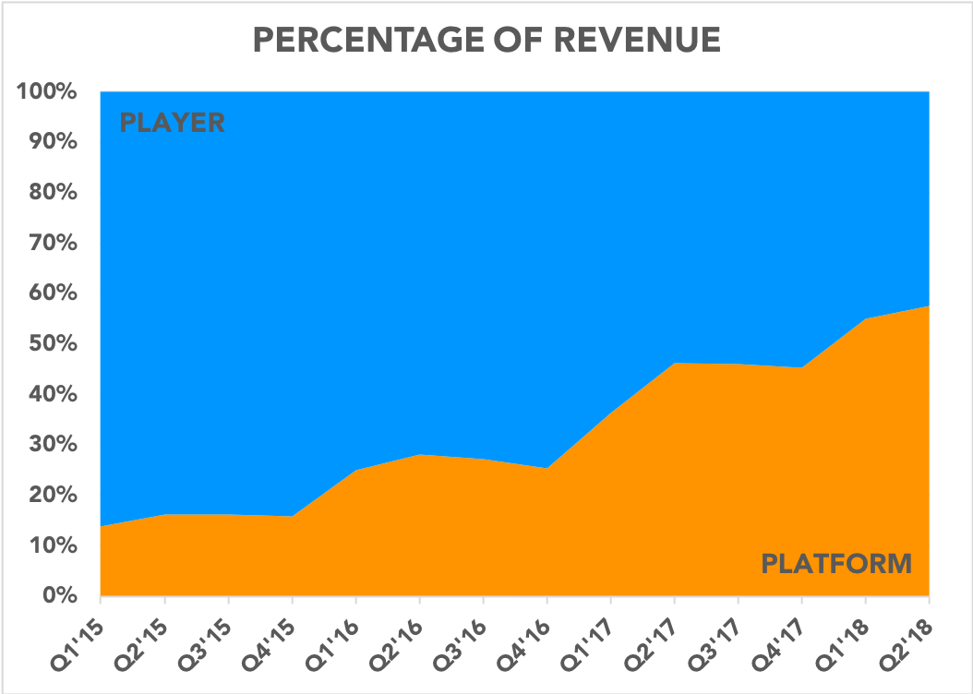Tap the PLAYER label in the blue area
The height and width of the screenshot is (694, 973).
(x=173, y=123)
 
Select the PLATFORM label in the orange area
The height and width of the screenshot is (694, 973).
(x=836, y=563)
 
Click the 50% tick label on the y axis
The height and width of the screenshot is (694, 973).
(x=53, y=344)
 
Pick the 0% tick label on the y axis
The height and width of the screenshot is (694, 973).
(x=61, y=595)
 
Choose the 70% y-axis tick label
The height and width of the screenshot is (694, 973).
(x=53, y=244)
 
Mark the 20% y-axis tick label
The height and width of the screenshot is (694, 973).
(x=53, y=495)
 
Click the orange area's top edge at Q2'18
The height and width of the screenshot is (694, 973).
(x=927, y=306)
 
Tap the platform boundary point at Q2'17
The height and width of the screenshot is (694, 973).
(x=674, y=364)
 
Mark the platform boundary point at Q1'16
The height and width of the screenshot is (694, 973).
(x=356, y=471)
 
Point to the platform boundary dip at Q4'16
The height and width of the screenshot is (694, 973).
(x=547, y=468)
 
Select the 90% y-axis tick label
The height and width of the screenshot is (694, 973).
(x=53, y=143)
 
